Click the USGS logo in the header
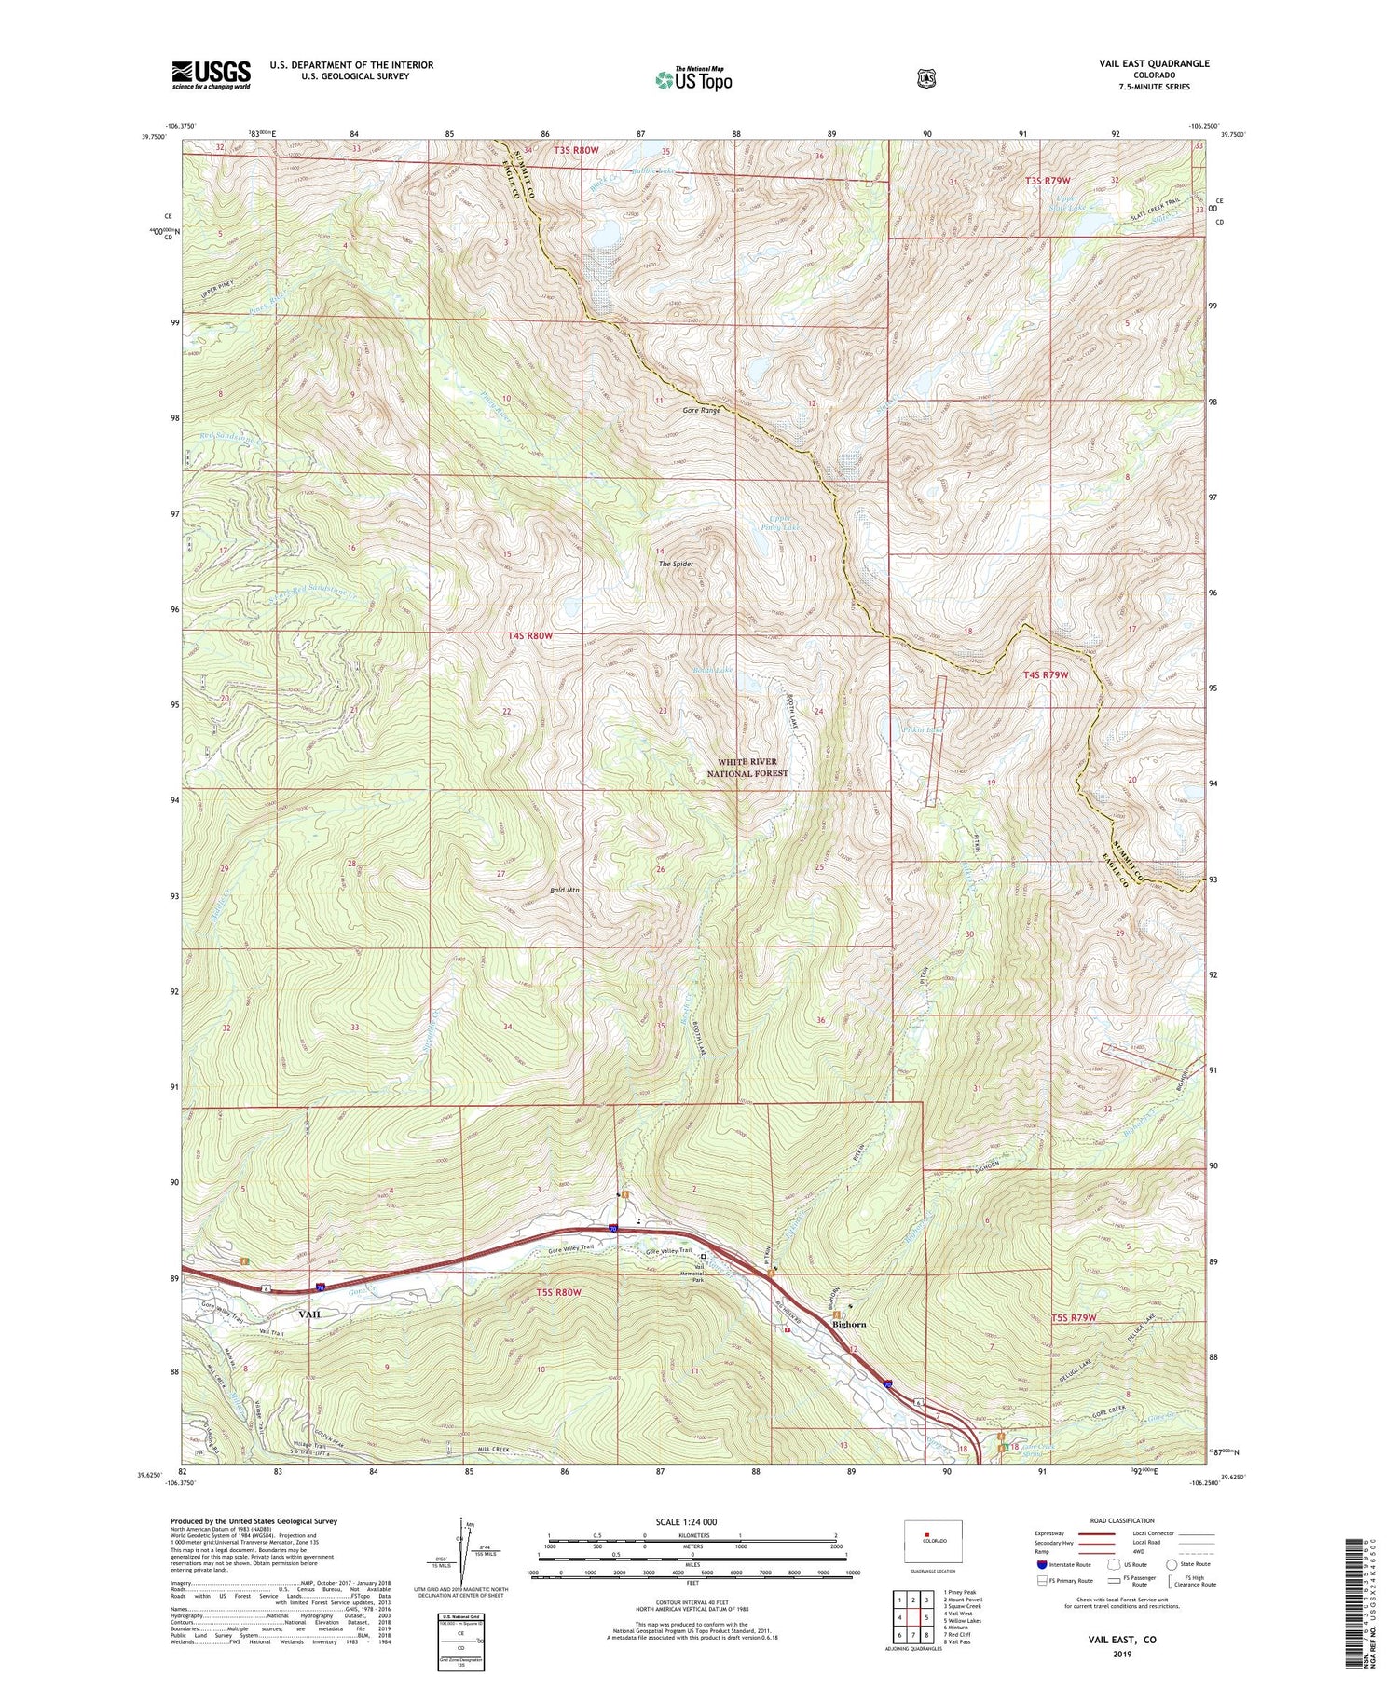[211, 75]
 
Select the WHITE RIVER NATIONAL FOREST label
[747, 768]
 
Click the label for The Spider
[676, 565]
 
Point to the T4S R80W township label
[530, 635]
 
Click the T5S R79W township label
[1074, 1318]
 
